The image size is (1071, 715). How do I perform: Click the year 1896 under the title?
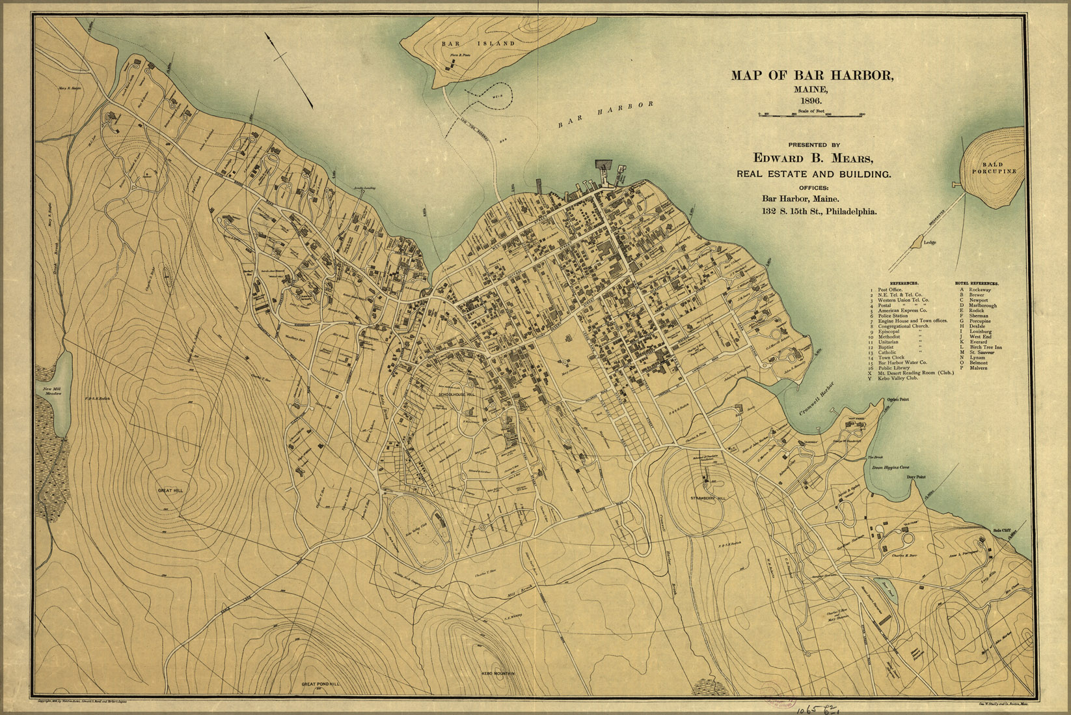pyautogui.click(x=811, y=101)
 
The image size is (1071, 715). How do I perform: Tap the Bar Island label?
pyautogui.click(x=478, y=44)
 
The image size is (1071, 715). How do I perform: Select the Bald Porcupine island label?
pyautogui.click(x=994, y=168)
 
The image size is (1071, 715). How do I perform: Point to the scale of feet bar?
pyautogui.click(x=811, y=115)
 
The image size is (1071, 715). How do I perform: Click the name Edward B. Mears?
pyautogui.click(x=813, y=158)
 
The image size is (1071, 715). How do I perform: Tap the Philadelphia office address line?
pyautogui.click(x=819, y=212)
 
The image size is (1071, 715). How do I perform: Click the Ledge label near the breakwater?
pyautogui.click(x=930, y=242)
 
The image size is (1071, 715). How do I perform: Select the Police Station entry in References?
pyautogui.click(x=893, y=316)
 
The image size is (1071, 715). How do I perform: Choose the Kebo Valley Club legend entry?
pyautogui.click(x=901, y=378)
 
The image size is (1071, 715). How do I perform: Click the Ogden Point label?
pyautogui.click(x=897, y=400)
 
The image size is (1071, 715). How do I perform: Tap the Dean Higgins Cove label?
pyautogui.click(x=889, y=468)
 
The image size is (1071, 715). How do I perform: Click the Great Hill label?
pyautogui.click(x=170, y=490)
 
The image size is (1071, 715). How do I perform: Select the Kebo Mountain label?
pyautogui.click(x=498, y=673)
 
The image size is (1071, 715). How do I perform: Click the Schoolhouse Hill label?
pyautogui.click(x=457, y=395)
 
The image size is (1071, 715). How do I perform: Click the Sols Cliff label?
pyautogui.click(x=1002, y=530)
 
